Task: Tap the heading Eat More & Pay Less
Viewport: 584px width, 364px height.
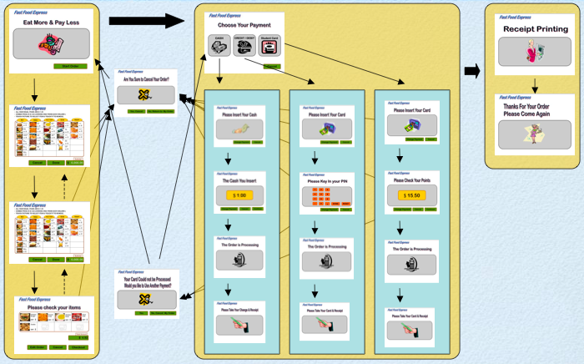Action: point(51,23)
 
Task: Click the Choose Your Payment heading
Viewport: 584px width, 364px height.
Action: point(244,26)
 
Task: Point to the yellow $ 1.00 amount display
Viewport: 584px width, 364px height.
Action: point(239,195)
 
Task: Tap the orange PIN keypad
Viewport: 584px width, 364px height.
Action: point(321,197)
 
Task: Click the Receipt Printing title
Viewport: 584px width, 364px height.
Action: point(535,29)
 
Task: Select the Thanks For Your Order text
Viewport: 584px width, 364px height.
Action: point(534,110)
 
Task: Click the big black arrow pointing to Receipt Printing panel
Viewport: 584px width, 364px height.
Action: point(472,72)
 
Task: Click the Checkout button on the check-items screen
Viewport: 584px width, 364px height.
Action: point(78,346)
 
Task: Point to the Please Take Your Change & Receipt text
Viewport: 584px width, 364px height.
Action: point(239,310)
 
